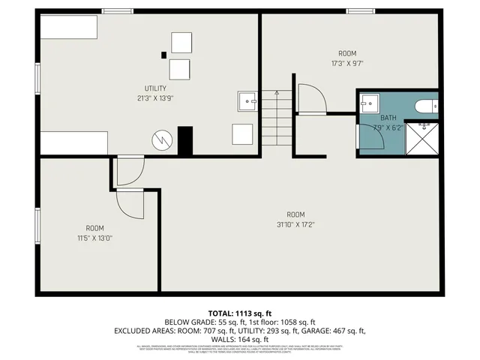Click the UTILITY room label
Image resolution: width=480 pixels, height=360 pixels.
[x=155, y=88]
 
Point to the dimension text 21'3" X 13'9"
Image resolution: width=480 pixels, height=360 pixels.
[x=155, y=98]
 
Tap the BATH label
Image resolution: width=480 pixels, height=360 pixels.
[x=388, y=118]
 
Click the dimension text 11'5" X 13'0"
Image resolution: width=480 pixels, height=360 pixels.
[x=94, y=238]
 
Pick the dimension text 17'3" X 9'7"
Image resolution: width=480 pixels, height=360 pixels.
[x=346, y=63]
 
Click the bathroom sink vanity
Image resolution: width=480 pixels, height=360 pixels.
[x=370, y=104]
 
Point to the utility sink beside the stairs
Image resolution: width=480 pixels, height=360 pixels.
[x=247, y=100]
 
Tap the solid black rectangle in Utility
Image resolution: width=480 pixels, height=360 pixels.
[x=185, y=141]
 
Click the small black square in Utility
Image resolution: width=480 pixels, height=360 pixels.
[x=163, y=54]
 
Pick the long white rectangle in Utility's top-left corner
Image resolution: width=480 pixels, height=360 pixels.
[x=69, y=28]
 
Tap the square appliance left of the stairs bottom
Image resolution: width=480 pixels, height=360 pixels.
[x=242, y=135]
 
